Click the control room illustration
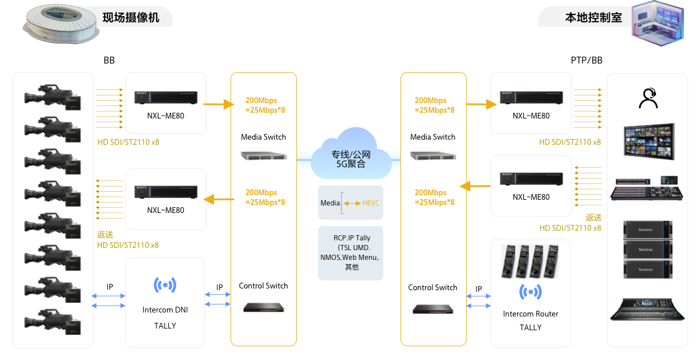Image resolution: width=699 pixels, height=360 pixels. pos(658,23)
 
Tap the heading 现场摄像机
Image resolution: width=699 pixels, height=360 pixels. pos(131,18)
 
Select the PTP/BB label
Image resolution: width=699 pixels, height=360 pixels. pos(586,60)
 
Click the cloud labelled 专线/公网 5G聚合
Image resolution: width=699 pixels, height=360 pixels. pos(351,153)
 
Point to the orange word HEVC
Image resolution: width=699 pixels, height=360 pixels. pos(371,203)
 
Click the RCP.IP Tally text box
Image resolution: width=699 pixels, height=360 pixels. pos(351,253)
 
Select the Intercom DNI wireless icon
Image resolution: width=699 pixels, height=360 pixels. pos(165,285)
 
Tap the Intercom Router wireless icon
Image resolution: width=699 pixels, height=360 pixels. pos(530,292)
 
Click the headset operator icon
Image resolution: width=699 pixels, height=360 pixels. pos(649,98)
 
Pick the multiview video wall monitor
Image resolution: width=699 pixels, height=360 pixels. pos(649,141)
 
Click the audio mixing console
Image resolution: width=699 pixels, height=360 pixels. pos(647,309)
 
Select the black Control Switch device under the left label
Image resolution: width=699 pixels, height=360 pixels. pos(264,307)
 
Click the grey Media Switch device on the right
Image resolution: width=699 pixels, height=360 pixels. pos(433,156)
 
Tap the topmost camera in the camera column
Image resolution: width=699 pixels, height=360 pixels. pos(53,97)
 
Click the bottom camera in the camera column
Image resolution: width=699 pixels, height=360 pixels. pos(53,322)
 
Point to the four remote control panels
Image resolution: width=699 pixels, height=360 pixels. pos(530,262)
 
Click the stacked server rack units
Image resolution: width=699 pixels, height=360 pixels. pos(648,250)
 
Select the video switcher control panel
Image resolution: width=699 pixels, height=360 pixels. pos(646,188)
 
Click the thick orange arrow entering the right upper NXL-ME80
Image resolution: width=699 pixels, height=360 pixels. pos(482,104)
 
